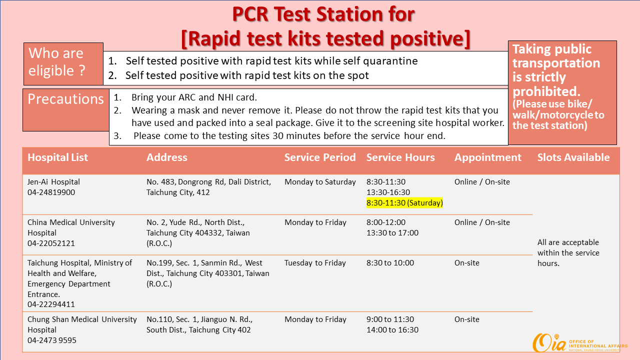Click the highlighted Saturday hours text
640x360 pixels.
(x=404, y=203)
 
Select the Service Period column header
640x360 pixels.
(x=320, y=157)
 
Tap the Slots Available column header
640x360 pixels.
(x=573, y=157)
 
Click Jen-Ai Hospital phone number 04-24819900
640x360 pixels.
(x=51, y=192)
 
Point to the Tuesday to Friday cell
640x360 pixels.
(x=315, y=263)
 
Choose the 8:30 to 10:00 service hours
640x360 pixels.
(x=390, y=263)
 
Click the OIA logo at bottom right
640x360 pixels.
(x=579, y=343)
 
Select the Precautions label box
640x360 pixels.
(x=65, y=110)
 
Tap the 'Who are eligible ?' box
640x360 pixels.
(x=63, y=64)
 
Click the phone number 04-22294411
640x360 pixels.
(x=51, y=304)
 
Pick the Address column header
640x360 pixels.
(x=167, y=157)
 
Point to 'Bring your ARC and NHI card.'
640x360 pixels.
(x=194, y=97)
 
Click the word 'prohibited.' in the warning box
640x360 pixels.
(x=546, y=91)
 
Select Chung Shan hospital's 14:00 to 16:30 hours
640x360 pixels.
(x=392, y=329)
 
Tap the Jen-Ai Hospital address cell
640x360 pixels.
(x=208, y=187)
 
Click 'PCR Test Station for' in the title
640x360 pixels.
(x=323, y=14)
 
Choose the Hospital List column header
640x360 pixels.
(x=57, y=157)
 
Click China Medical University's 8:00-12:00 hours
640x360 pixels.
(x=385, y=222)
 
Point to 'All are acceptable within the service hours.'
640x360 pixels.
(x=568, y=253)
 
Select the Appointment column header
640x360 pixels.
(x=487, y=157)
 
